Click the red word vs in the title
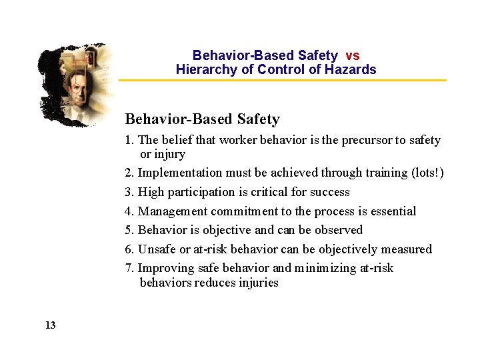click(x=353, y=56)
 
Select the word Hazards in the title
click(x=351, y=69)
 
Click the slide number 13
click(x=50, y=325)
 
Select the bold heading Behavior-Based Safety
click(x=202, y=119)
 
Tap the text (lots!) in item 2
click(x=427, y=173)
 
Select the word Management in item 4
click(x=173, y=211)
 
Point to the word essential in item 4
click(x=392, y=211)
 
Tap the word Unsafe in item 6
click(x=157, y=249)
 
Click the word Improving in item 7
click(x=166, y=268)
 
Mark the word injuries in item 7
click(x=257, y=283)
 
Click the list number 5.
click(x=129, y=230)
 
